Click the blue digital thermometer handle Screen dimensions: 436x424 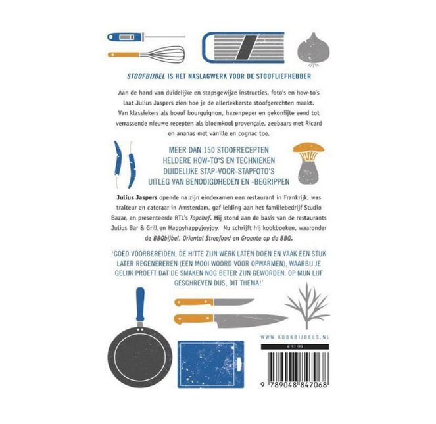[125, 37]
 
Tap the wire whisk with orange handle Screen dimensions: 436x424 [146, 54]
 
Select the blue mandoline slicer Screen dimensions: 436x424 [243, 47]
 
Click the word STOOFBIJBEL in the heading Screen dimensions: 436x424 [146, 76]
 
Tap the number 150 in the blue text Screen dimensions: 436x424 [209, 150]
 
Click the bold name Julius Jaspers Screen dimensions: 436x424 [137, 198]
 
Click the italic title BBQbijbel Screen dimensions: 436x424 [166, 238]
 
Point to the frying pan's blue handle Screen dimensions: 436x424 [140, 305]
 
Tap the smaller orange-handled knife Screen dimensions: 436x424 [214, 302]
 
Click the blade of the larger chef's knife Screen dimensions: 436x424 [251, 320]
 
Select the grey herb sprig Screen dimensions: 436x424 [307, 306]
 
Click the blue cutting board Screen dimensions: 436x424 [211, 364]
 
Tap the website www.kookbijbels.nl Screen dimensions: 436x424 [295, 337]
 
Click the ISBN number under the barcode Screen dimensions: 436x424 [294, 385]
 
